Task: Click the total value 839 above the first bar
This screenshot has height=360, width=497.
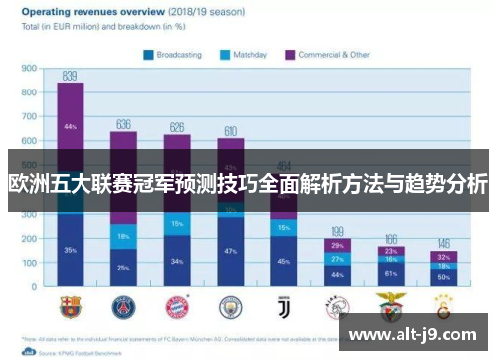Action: point(70,75)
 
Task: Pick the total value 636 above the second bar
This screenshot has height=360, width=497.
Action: point(123,124)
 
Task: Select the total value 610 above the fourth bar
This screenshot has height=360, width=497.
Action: point(230,130)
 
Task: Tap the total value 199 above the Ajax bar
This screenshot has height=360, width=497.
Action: point(338,230)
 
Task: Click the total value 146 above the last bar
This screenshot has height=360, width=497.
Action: point(444,243)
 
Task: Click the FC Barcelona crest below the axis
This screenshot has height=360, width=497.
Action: point(70,303)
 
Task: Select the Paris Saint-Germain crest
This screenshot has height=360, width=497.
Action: point(123,303)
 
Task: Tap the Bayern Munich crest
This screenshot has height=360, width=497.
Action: point(177,303)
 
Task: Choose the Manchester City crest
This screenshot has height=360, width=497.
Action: point(230,303)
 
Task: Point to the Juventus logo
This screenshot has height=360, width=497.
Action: point(284,303)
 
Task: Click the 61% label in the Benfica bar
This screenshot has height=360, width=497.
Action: point(391,273)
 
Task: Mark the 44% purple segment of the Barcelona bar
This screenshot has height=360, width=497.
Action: point(70,127)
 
